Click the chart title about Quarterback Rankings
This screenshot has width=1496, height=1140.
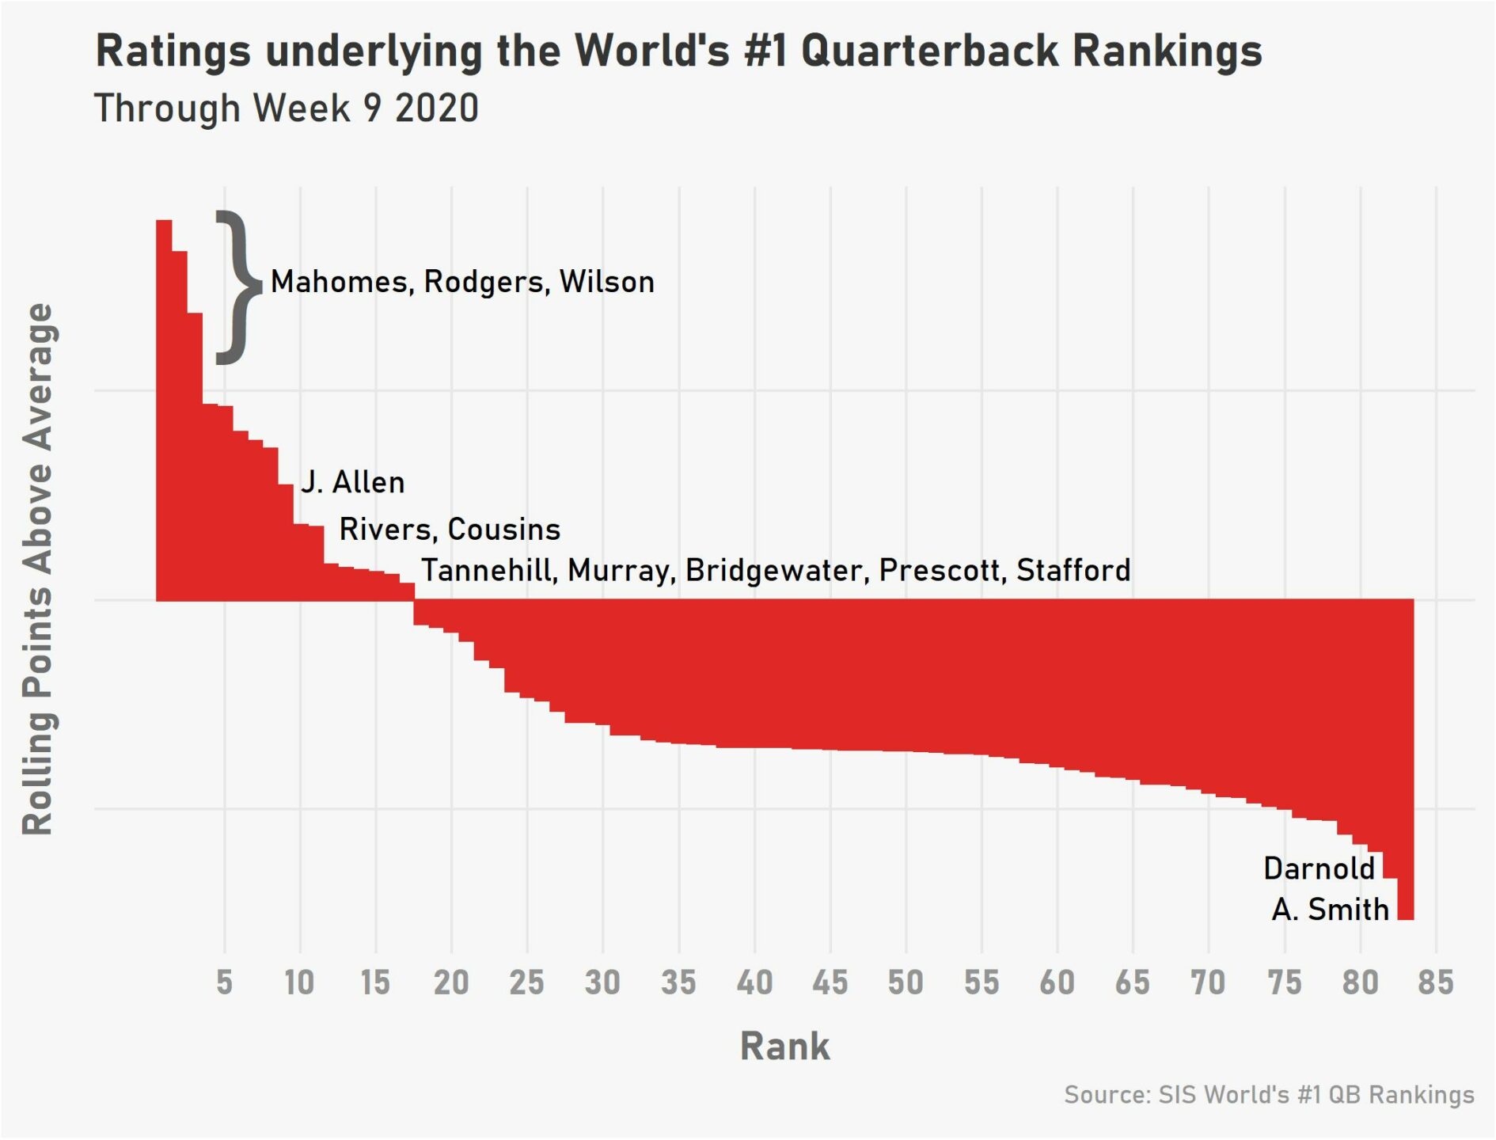678,51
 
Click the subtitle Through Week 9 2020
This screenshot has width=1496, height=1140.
287,108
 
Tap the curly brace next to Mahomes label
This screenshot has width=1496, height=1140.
237,287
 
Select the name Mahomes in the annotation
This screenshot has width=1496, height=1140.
339,283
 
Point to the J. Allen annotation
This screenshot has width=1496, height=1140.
353,482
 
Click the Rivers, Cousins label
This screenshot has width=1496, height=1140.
450,529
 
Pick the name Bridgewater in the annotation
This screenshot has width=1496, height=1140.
776,570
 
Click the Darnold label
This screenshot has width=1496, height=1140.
1319,868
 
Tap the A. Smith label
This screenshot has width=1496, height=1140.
1330,909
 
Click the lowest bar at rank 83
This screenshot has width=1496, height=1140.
1406,760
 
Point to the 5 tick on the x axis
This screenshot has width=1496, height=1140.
225,982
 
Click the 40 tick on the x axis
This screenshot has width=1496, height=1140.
754,982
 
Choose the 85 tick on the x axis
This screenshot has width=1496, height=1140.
1436,982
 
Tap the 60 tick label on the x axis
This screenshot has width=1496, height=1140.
1057,982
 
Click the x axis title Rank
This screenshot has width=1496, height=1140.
784,1046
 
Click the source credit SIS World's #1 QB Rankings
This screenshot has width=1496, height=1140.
1269,1095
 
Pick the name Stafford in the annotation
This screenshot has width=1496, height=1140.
1073,570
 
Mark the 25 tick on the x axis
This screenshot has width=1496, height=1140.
527,982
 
